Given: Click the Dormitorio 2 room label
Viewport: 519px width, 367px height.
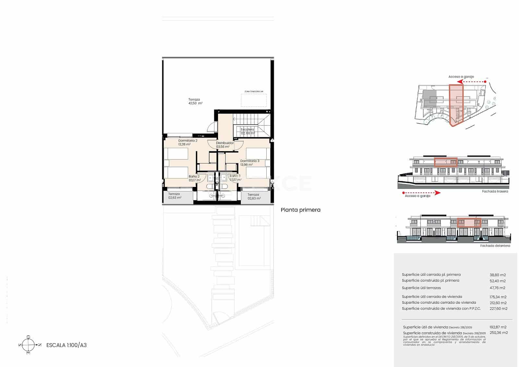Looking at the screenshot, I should pyautogui.click(x=187, y=141).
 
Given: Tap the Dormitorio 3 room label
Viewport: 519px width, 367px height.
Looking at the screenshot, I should pyautogui.click(x=249, y=161).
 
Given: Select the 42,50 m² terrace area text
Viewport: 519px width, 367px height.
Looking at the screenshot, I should pyautogui.click(x=195, y=103).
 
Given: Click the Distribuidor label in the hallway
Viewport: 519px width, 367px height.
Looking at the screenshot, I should pyautogui.click(x=225, y=143).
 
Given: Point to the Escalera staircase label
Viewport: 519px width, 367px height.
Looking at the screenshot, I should pyautogui.click(x=247, y=129).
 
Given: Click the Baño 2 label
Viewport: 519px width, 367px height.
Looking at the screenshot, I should pyautogui.click(x=194, y=177).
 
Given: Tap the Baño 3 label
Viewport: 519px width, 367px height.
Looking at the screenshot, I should pyautogui.click(x=235, y=176).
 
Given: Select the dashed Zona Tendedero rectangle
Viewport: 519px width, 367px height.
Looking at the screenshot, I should pyautogui.click(x=254, y=100).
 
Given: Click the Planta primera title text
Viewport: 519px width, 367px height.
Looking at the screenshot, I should pyautogui.click(x=300, y=210).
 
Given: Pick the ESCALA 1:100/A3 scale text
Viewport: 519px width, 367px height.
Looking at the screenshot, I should pyautogui.click(x=66, y=345).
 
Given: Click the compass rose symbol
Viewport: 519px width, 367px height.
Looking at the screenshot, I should pyautogui.click(x=28, y=345).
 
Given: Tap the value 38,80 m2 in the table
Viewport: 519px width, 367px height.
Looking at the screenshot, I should pyautogui.click(x=498, y=275).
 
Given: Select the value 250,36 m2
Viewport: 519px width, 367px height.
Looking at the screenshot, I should pyautogui.click(x=499, y=333).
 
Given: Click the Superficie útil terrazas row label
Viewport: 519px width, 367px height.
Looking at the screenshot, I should pyautogui.click(x=421, y=288).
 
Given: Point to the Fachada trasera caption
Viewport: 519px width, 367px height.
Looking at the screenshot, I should pyautogui.click(x=495, y=191).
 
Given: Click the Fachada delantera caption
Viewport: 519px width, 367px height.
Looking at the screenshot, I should pyautogui.click(x=495, y=246).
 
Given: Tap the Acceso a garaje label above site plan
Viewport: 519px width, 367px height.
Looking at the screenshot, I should pyautogui.click(x=461, y=77).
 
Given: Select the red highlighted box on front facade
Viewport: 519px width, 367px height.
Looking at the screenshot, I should pyautogui.click(x=469, y=223).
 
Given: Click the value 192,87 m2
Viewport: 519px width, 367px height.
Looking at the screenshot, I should pyautogui.click(x=498, y=327).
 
